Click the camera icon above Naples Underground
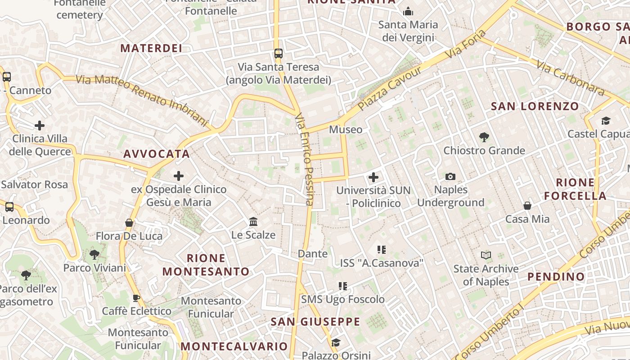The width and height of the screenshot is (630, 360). (450, 176)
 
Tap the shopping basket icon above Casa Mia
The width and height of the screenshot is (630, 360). (527, 206)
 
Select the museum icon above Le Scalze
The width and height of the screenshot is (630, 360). (253, 221)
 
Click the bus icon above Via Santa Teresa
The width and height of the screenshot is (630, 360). (279, 53)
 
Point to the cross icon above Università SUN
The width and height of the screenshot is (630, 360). (373, 177)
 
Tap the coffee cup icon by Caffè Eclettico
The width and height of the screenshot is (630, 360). (136, 297)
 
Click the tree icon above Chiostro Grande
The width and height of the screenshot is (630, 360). (484, 137)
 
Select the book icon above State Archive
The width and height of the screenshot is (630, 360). (486, 255)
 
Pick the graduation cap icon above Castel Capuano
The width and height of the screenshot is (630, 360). (606, 121)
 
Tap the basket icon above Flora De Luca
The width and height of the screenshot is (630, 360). (129, 222)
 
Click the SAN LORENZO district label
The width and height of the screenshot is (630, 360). (535, 106)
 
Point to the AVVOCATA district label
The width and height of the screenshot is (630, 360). (157, 154)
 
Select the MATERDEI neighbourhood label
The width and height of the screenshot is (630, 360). (151, 48)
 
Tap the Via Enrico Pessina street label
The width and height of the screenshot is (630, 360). (305, 160)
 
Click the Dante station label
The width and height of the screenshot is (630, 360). (313, 254)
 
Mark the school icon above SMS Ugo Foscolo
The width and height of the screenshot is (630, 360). (343, 286)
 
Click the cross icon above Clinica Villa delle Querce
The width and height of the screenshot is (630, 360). (40, 125)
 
